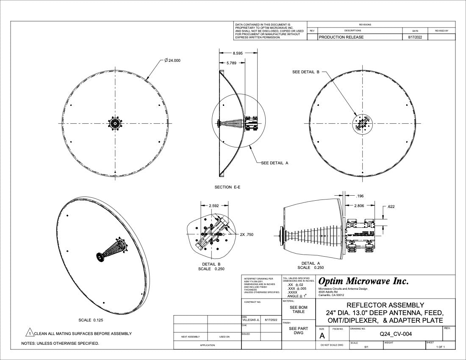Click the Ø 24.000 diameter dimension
[x=172, y=61]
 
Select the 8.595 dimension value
[x=238, y=53]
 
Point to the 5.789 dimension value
[x=231, y=63]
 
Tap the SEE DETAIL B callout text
[x=306, y=72]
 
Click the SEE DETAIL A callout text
[x=275, y=163]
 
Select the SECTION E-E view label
[x=227, y=187]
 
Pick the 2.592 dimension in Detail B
[x=214, y=206]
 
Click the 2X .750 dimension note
[x=247, y=234]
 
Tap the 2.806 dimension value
[x=359, y=206]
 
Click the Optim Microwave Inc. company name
[x=363, y=281]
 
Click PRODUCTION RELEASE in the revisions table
[x=341, y=37]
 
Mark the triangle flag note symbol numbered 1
[x=30, y=333]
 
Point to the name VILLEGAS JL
[x=250, y=320]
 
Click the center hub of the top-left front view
[x=114, y=123]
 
